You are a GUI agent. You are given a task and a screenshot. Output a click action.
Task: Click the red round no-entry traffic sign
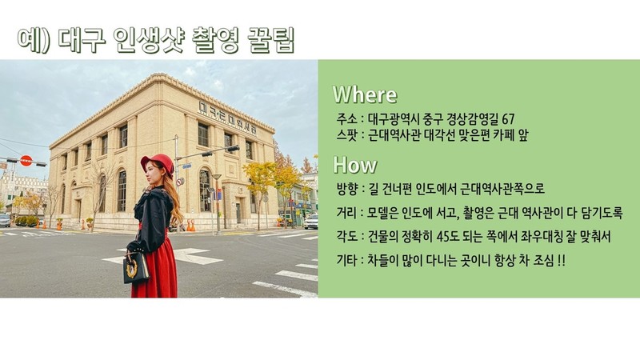point(26,161)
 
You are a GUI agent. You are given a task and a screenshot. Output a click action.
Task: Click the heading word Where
point(365,94)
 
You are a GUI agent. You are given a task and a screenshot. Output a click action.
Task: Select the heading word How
point(354,166)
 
